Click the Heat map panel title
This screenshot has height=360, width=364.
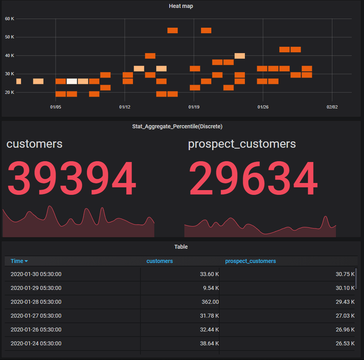(181, 6)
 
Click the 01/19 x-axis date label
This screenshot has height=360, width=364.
(193, 107)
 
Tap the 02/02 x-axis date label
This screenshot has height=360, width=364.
(332, 107)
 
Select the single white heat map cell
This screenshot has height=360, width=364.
(72, 81)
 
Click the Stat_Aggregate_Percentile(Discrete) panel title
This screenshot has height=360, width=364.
(177, 127)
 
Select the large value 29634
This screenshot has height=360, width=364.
(253, 180)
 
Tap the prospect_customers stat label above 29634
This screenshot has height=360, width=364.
(242, 144)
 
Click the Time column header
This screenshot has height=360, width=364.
(19, 261)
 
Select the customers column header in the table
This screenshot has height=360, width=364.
(159, 261)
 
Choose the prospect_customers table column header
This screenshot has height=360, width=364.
(250, 261)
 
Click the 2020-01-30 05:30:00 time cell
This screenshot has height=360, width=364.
(36, 274)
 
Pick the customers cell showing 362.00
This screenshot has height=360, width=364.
(210, 302)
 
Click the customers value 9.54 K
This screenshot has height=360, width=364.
(210, 288)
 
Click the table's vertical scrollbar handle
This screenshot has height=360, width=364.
(356, 278)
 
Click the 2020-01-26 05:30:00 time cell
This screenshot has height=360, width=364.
(36, 330)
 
